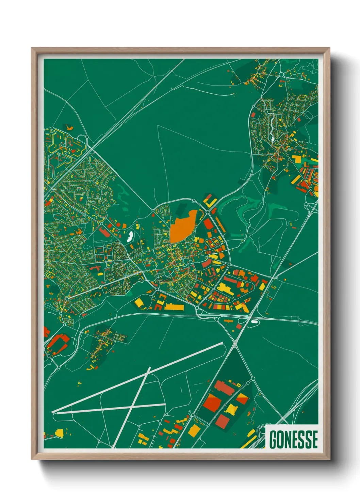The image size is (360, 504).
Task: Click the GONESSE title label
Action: (293, 439)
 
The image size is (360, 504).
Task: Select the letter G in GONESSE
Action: (274, 439)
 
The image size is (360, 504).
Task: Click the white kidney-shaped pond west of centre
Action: (130, 236)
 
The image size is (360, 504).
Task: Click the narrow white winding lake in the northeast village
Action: (273, 128)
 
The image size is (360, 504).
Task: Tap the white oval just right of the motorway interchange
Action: (254, 321)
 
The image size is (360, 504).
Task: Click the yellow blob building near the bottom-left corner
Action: (59, 433)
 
